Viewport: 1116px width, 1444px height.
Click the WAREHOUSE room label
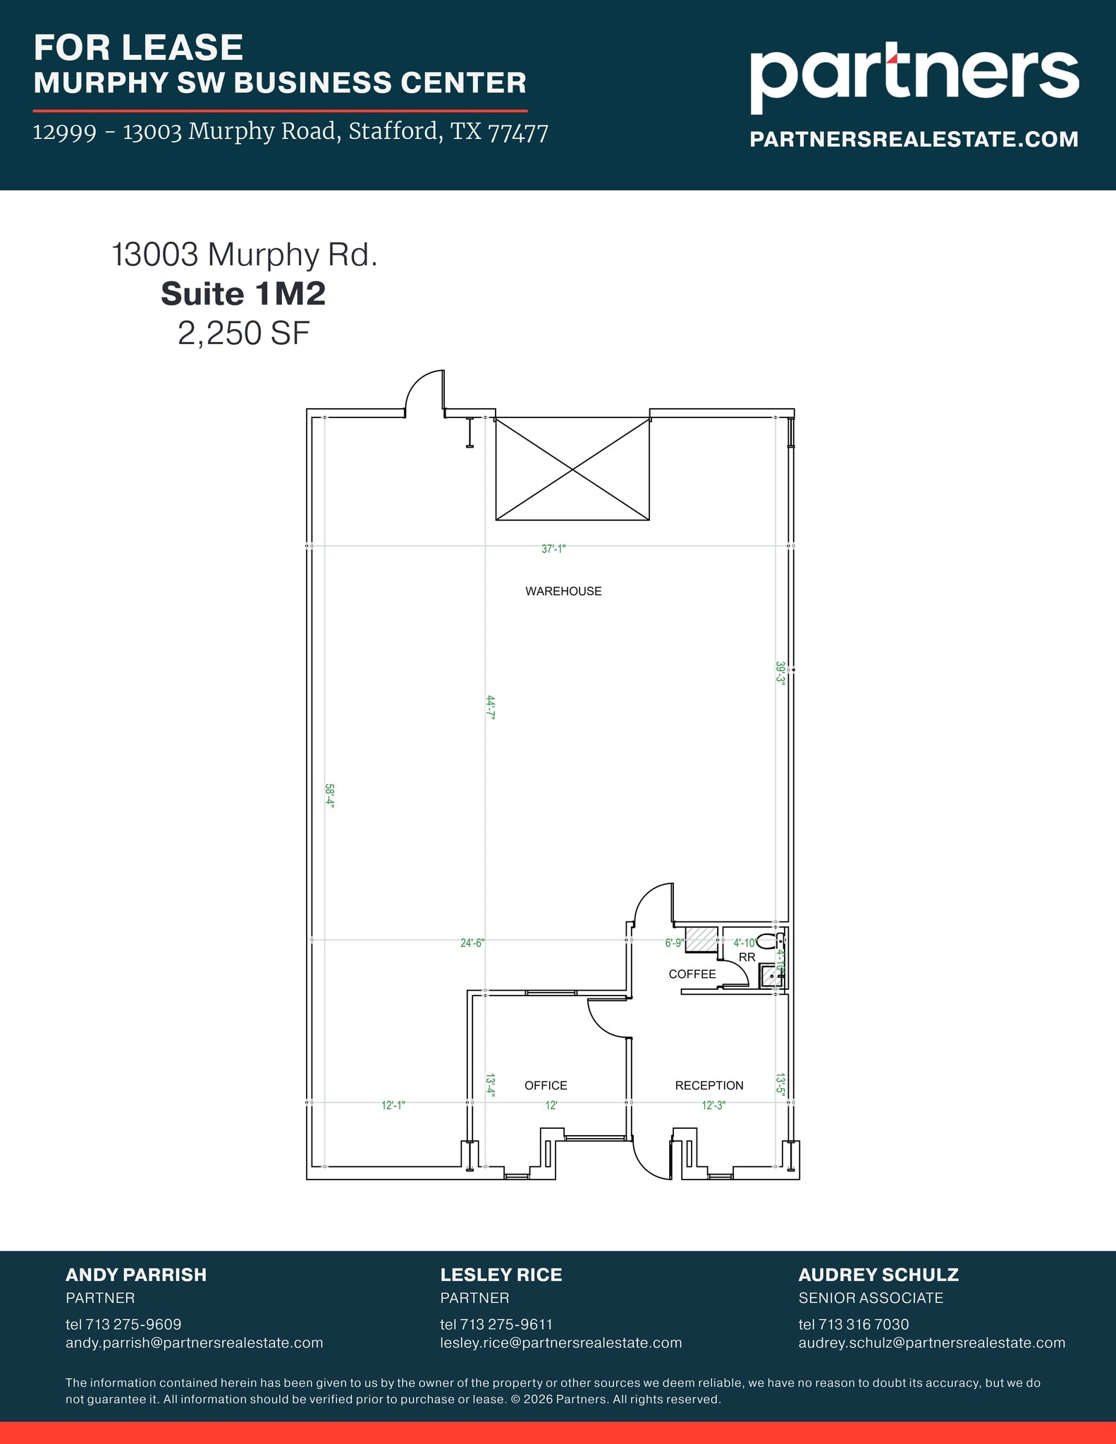pyautogui.click(x=563, y=592)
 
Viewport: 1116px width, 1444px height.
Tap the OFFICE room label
pyautogui.click(x=546, y=1086)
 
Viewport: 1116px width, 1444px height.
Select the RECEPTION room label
pyautogui.click(x=709, y=1086)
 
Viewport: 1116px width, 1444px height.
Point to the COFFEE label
pyautogui.click(x=692, y=974)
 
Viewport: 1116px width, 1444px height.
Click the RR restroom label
pyautogui.click(x=747, y=957)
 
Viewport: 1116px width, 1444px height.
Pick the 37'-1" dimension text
pyautogui.click(x=553, y=549)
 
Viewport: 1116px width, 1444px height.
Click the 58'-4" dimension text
pyautogui.click(x=329, y=797)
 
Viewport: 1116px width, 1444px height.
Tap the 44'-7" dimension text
pyautogui.click(x=491, y=706)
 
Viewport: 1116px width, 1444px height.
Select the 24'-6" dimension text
pyautogui.click(x=472, y=943)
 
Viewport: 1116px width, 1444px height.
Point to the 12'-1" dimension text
pyautogui.click(x=393, y=1106)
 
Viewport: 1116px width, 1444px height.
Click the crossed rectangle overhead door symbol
pyautogui.click(x=572, y=469)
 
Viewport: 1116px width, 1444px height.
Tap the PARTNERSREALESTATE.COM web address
pyautogui.click(x=914, y=139)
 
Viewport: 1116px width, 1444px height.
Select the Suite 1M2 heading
pyautogui.click(x=243, y=294)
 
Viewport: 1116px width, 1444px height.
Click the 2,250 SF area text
pyautogui.click(x=243, y=334)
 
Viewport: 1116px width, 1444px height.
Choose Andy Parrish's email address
pyautogui.click(x=194, y=1342)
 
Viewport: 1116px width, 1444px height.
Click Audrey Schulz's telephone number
pyautogui.click(x=854, y=1324)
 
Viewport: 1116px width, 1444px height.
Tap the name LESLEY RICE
pyautogui.click(x=501, y=1275)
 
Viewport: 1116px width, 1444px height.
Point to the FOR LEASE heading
pyautogui.click(x=138, y=48)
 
